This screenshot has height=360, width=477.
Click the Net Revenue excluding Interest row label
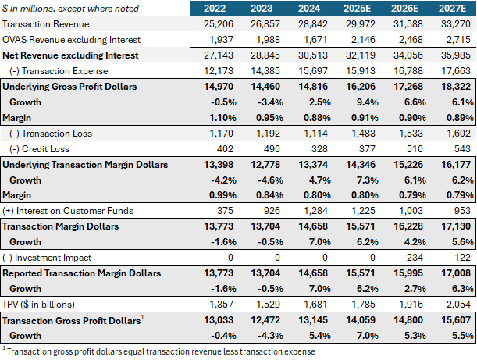[70, 55]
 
